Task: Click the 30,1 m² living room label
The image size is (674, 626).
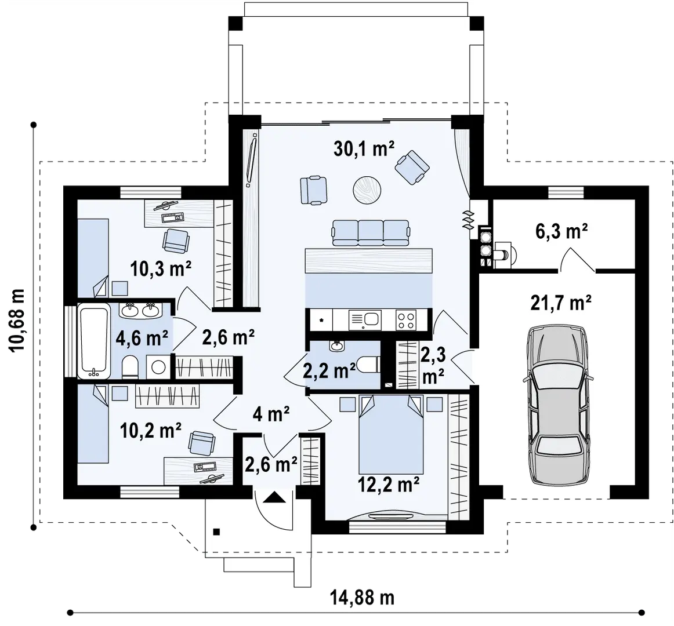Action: [x=364, y=150]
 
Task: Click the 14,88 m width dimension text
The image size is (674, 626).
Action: [x=362, y=597]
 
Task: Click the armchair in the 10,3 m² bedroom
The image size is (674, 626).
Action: [x=175, y=240]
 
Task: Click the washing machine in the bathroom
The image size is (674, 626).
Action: [x=156, y=367]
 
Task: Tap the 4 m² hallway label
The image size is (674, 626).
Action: [x=270, y=414]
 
